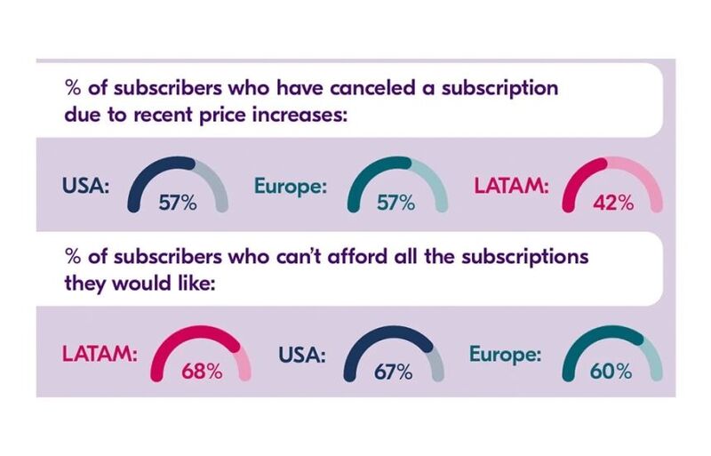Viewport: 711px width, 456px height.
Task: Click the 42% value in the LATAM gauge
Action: coord(613,202)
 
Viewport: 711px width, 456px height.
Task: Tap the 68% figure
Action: coord(202,371)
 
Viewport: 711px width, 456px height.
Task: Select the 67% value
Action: coord(392,372)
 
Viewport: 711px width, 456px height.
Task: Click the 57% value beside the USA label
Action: coord(178,202)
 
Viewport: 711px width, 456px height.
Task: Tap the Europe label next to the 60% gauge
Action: coord(505,355)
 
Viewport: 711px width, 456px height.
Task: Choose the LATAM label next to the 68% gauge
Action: coord(100,356)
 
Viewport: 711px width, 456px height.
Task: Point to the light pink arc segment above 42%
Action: coord(645,182)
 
